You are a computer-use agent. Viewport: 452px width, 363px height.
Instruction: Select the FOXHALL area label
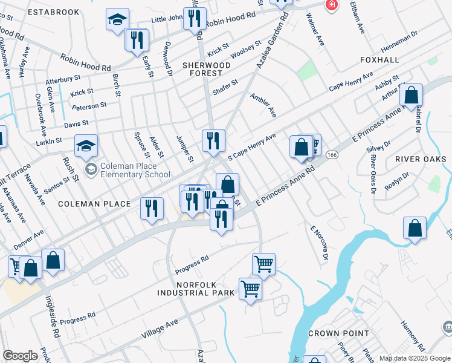coord(379,60)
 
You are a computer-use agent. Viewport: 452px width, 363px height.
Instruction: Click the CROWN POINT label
coord(338,333)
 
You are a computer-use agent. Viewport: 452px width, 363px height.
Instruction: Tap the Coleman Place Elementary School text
coord(136,171)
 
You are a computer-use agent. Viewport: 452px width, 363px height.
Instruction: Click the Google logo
coord(21,356)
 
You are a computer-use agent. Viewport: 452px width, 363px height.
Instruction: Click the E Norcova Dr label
coord(318,243)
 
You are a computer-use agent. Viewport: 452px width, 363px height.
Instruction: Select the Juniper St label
coord(184,149)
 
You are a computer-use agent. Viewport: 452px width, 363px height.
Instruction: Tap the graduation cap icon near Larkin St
coord(86,146)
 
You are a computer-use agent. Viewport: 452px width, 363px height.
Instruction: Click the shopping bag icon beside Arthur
coord(411,96)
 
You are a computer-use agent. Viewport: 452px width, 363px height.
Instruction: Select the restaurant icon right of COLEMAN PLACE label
coord(152,208)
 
